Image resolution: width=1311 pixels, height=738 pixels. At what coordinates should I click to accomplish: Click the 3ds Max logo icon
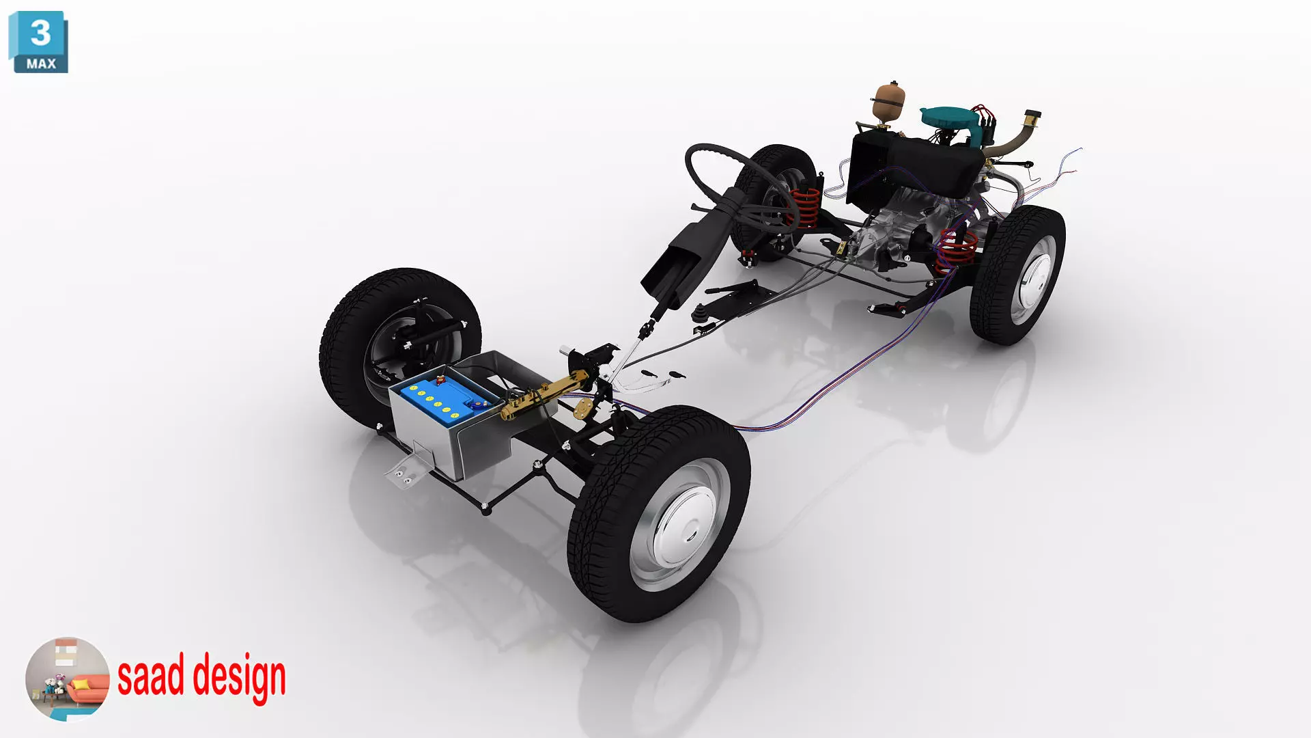pyautogui.click(x=38, y=42)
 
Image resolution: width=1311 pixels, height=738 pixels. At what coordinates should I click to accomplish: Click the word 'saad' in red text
pyautogui.click(x=150, y=675)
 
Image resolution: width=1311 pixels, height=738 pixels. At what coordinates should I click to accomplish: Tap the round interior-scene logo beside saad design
pyautogui.click(x=67, y=679)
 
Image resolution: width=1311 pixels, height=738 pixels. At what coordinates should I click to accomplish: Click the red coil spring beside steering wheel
pyautogui.click(x=806, y=208)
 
